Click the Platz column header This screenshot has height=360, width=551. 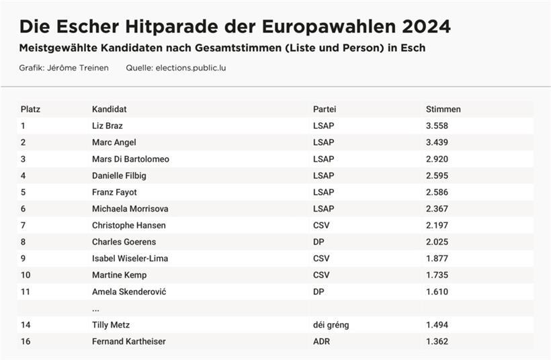pos(30,109)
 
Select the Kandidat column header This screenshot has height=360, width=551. pos(110,109)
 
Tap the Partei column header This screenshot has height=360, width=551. pos(325,109)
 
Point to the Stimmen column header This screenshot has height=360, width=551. pos(443,109)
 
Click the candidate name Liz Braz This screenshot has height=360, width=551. pos(108,126)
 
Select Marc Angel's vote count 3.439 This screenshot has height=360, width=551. pos(437,142)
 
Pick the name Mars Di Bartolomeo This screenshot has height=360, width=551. pos(130,159)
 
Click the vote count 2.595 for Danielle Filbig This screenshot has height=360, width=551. pos(437,175)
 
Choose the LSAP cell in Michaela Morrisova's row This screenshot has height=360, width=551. pos(323,209)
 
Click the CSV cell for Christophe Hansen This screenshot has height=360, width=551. pos(321,225)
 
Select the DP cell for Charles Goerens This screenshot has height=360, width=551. pos(319,242)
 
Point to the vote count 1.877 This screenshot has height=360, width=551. pos(437,259)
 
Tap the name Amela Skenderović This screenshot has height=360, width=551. pos(129,291)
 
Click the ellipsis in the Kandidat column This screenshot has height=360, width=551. pos(96,309)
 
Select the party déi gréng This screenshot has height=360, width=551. pos(331,325)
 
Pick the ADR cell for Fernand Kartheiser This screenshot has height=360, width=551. pos(321,341)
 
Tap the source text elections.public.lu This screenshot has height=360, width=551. pos(190,68)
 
